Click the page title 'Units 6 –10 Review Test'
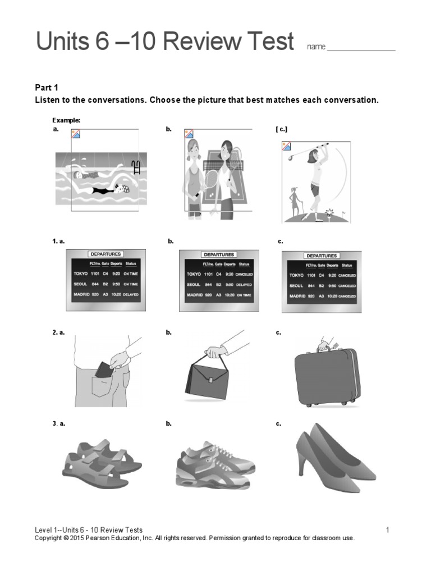coord(164,42)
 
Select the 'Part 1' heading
coord(47,88)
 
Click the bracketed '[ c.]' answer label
coord(282,129)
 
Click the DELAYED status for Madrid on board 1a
coord(131,295)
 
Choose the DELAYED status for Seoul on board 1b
coord(244,285)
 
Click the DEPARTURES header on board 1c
coord(322,255)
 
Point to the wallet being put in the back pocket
coord(104,370)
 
